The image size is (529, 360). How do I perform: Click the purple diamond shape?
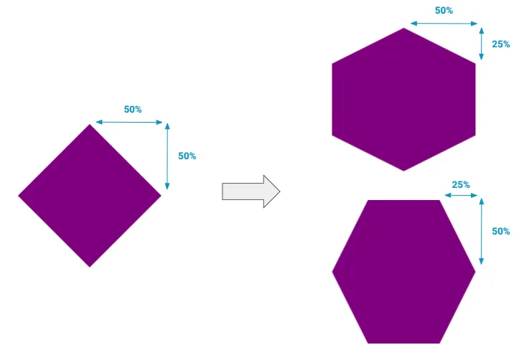point(90,196)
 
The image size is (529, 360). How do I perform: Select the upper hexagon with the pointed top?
point(403,99)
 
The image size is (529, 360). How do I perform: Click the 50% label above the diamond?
point(133,110)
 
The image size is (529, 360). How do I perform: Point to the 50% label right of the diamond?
point(187,156)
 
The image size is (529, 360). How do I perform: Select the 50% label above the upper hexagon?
point(444,11)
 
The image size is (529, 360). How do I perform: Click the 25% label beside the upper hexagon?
point(501,44)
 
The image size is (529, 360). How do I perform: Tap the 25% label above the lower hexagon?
point(461,184)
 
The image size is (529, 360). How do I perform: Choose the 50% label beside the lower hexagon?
point(501,231)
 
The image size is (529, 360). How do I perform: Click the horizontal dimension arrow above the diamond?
point(129,123)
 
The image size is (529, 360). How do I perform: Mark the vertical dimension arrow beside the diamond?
point(167,156)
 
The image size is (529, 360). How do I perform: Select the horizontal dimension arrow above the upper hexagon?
point(441,24)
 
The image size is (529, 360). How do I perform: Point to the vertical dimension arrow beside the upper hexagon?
point(481,44)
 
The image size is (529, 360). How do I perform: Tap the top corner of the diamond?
point(90,125)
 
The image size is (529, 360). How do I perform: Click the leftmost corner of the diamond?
point(19,195)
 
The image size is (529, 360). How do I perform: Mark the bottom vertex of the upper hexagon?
point(403,170)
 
